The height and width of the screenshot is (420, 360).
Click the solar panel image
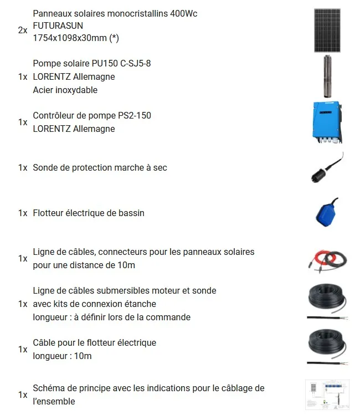coord(327,30)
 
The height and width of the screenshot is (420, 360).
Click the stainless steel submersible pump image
coord(327,76)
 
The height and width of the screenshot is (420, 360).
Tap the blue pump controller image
coord(327,122)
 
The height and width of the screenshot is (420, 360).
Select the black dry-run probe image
coord(327,167)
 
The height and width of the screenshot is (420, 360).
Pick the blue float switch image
coord(327,213)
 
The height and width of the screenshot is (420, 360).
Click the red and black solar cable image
coord(327,259)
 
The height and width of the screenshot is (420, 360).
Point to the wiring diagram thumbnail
coord(327,395)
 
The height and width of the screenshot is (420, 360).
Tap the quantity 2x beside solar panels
coord(23,30)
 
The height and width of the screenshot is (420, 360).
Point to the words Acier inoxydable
coord(65,90)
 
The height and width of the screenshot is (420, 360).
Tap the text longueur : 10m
coord(62,356)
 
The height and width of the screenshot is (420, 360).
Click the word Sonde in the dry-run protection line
coord(45,167)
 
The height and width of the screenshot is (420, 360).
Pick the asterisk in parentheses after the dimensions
coord(114,38)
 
